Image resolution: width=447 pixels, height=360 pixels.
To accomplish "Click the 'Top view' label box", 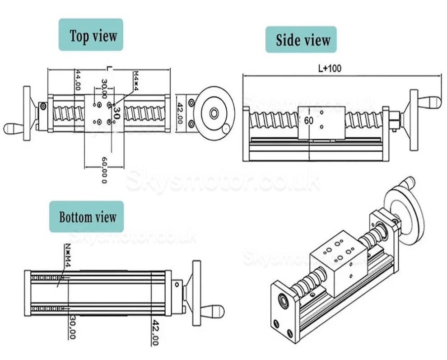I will (91, 35).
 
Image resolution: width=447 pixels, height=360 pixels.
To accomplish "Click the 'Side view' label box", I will (300, 40).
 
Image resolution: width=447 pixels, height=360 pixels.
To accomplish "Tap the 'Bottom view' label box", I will (87, 217).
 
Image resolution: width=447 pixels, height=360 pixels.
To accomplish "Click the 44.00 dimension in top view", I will (78, 80).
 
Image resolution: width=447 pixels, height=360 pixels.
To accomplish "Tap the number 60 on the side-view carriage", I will (308, 121).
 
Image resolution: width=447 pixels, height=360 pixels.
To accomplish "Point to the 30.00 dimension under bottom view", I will (71, 328).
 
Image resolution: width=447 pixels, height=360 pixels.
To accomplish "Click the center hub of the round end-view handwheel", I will (214, 112).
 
